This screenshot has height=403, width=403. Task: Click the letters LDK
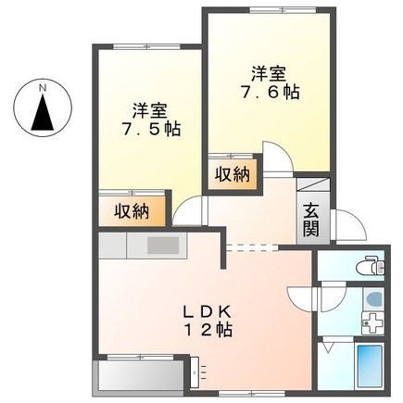(x=208, y=310)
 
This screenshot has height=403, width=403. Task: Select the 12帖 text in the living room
(x=208, y=329)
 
